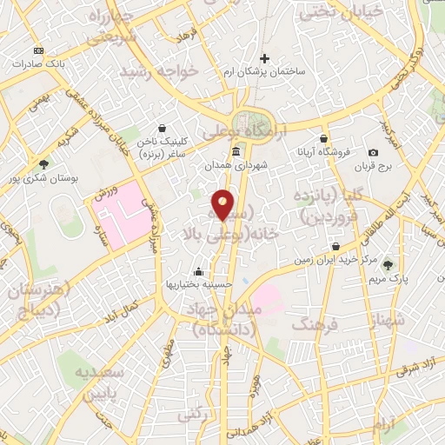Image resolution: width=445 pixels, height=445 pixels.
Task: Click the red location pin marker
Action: click(x=223, y=205)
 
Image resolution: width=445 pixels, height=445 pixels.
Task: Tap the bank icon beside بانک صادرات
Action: click(x=38, y=51)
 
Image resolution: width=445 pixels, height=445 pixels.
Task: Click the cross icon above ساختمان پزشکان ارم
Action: click(x=265, y=59)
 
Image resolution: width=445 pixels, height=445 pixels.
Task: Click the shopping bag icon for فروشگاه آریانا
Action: click(x=324, y=137)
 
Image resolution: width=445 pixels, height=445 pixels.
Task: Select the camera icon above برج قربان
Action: click(x=373, y=152)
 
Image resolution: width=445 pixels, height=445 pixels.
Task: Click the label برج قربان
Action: click(x=374, y=165)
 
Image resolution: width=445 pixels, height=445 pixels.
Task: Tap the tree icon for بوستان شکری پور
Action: click(x=43, y=163)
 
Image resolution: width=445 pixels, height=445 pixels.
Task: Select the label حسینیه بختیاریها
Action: click(x=199, y=284)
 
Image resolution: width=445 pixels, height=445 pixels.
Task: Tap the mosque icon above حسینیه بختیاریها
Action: click(x=199, y=270)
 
